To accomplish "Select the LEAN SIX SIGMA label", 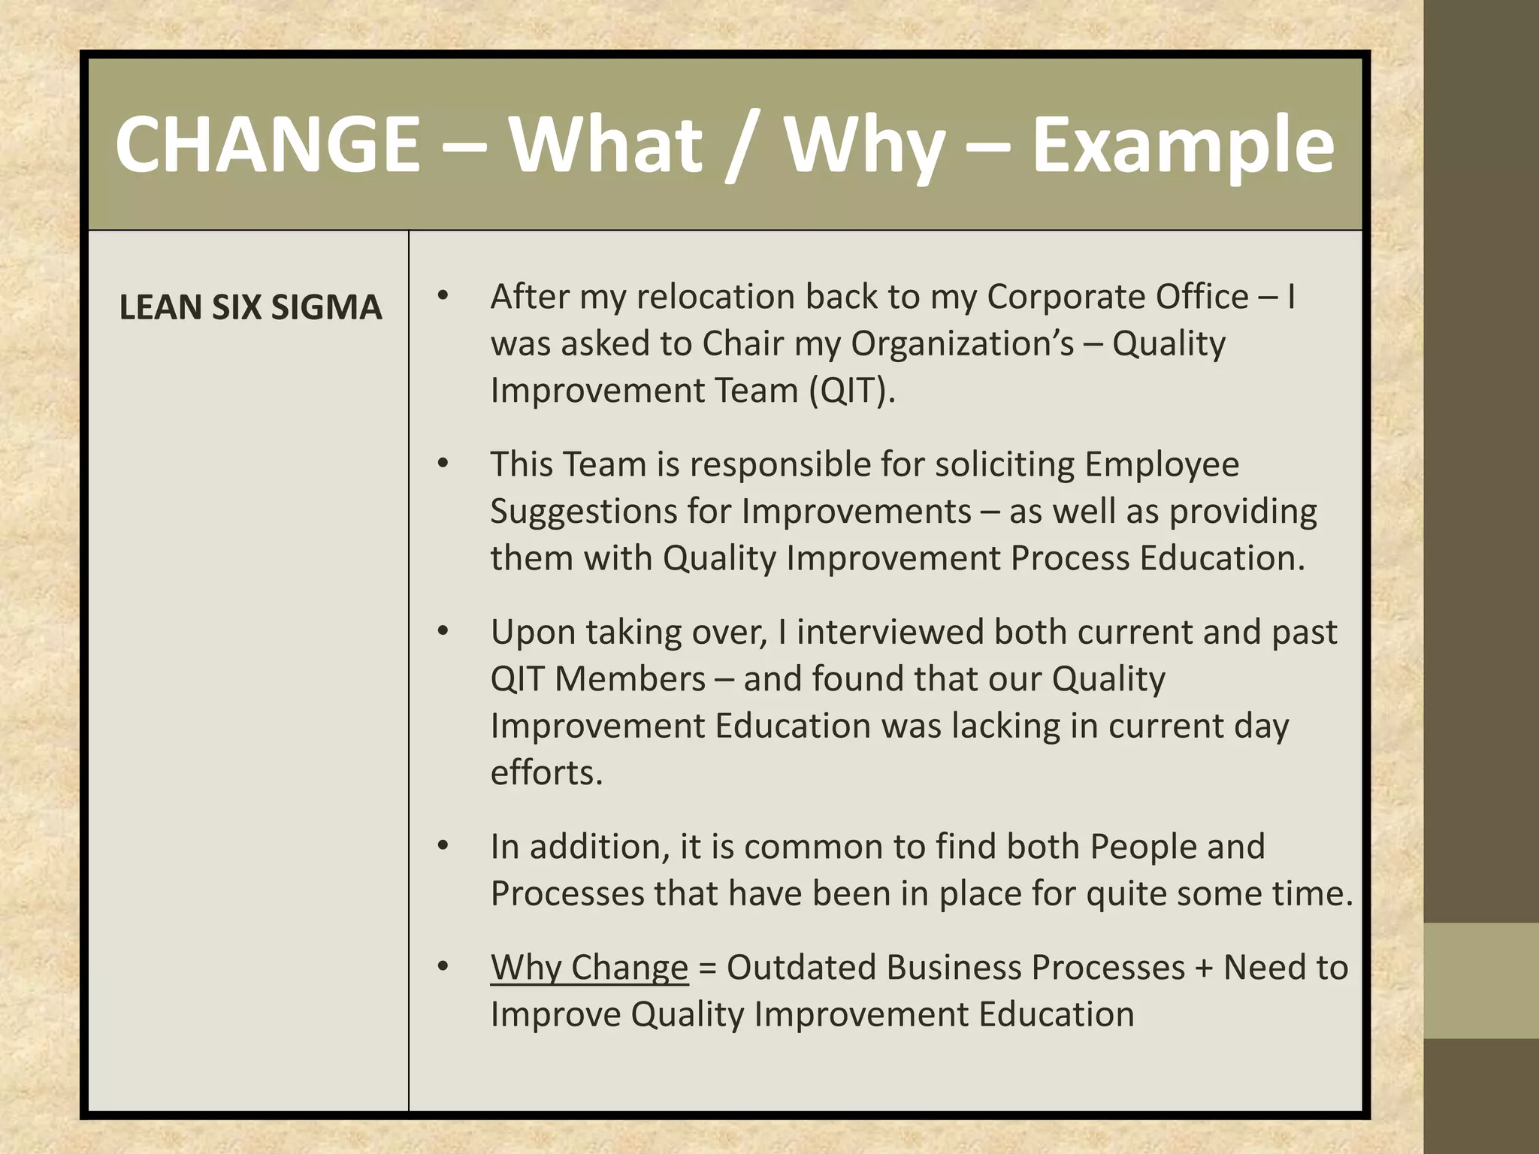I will coord(250,308).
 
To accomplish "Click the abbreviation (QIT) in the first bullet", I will coord(851,391).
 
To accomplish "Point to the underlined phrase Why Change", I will coord(589,968).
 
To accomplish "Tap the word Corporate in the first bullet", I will coord(1066,297).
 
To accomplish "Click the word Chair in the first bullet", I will coord(735,344).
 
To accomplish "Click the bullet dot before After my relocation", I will coord(443,296).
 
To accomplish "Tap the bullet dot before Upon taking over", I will coord(443,632).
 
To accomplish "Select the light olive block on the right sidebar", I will coord(1480,980).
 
